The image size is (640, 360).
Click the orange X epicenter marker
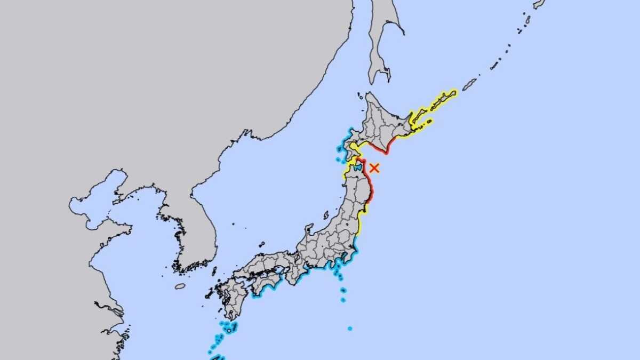(x=374, y=167)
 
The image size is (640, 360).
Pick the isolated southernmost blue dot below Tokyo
(x=349, y=328)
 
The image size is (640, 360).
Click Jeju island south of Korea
(x=180, y=286)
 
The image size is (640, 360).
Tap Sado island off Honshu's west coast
(x=326, y=215)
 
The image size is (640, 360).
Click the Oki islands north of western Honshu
(x=261, y=244)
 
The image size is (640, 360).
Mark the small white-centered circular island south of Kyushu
(x=229, y=331)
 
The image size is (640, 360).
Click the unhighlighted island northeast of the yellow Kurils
(x=469, y=84)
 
